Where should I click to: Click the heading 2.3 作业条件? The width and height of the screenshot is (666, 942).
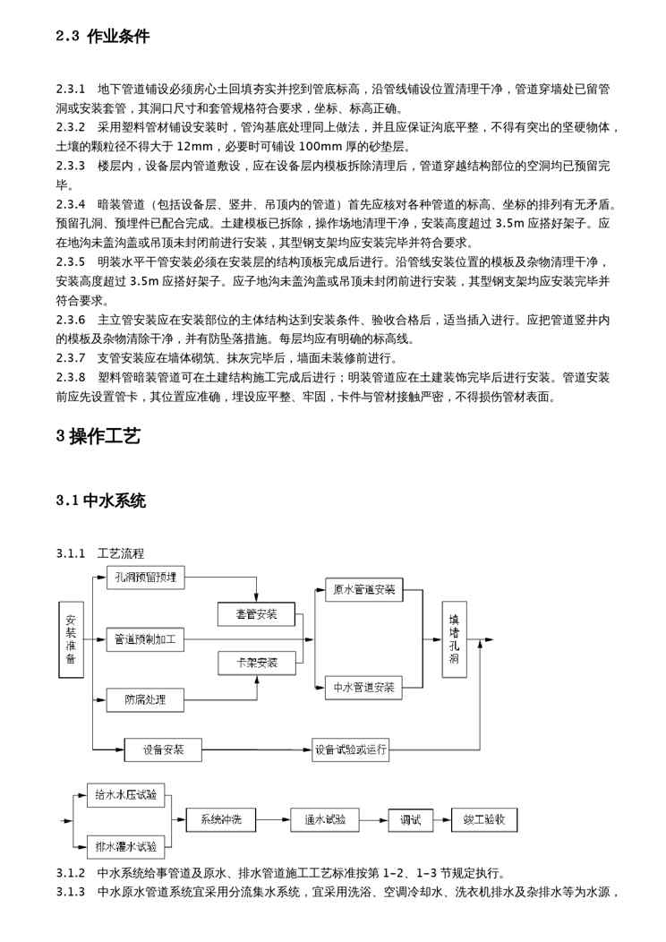pyautogui.click(x=103, y=37)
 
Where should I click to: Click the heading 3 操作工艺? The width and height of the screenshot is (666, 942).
pyautogui.click(x=98, y=437)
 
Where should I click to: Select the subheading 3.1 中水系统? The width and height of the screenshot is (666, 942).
pyautogui.click(x=100, y=501)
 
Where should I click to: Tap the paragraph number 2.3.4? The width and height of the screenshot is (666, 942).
pyautogui.click(x=70, y=204)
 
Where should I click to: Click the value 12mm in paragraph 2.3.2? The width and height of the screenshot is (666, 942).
pyautogui.click(x=195, y=146)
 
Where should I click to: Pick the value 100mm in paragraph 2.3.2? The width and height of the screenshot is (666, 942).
pyautogui.click(x=321, y=146)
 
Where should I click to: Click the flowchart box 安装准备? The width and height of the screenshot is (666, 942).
pyautogui.click(x=72, y=639)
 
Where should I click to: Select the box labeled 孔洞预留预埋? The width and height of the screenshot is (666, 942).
pyautogui.click(x=145, y=578)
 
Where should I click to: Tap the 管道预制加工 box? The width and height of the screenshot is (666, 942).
pyautogui.click(x=145, y=639)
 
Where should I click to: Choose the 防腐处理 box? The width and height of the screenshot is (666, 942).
pyautogui.click(x=145, y=699)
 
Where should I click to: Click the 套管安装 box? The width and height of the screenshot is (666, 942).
pyautogui.click(x=256, y=614)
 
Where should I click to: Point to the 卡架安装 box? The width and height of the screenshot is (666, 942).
pyautogui.click(x=256, y=664)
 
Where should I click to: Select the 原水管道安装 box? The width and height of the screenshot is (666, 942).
pyautogui.click(x=363, y=589)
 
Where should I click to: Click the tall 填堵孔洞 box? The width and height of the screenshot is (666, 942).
pyautogui.click(x=454, y=639)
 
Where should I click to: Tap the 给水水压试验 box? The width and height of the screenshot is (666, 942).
pyautogui.click(x=125, y=794)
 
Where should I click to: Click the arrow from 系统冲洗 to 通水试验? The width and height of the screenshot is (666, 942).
pyautogui.click(x=272, y=819)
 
